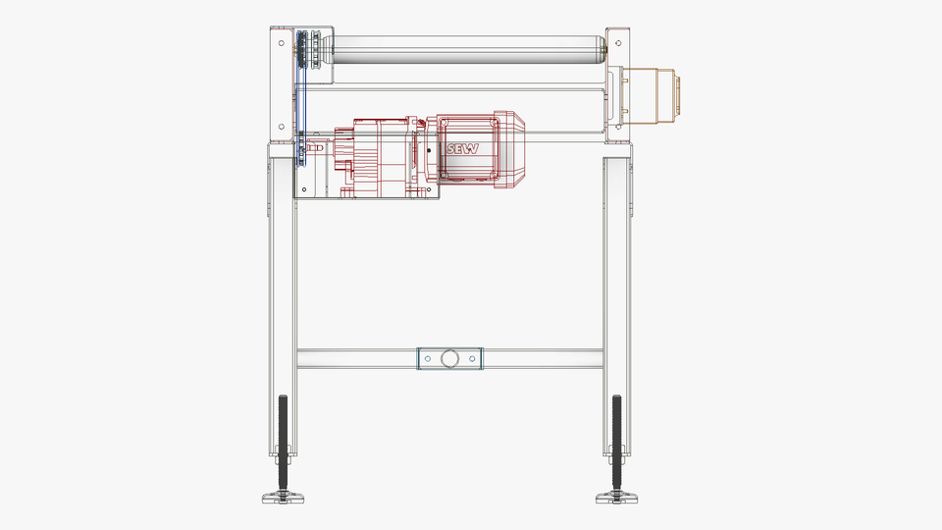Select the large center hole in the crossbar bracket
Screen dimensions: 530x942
[x=449, y=359]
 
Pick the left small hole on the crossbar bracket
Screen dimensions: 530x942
[x=426, y=359]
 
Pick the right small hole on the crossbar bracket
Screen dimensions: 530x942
[x=473, y=359]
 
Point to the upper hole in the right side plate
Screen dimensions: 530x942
[x=619, y=44]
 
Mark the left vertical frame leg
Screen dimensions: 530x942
[x=281, y=294]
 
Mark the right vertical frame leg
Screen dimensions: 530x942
[x=617, y=294]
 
